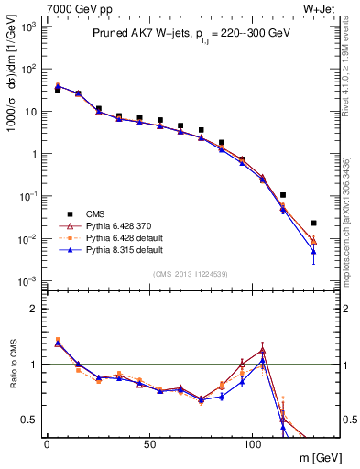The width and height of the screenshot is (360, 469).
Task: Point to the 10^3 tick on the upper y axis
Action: coord(27,27)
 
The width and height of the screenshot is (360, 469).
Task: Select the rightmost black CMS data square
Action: coord(313,223)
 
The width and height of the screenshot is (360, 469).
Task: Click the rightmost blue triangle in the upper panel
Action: coord(313,252)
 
